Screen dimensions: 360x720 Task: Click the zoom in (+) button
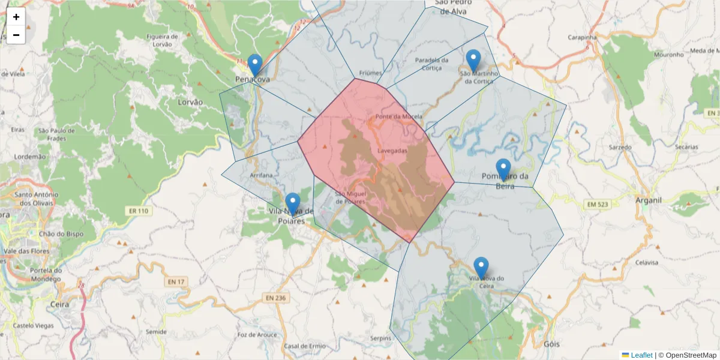(16, 17)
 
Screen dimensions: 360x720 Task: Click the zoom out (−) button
(16, 35)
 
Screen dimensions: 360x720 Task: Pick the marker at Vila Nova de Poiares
(292, 204)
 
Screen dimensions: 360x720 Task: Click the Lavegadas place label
(393, 151)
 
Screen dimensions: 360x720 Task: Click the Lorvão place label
(190, 102)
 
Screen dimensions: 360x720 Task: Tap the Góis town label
(550, 344)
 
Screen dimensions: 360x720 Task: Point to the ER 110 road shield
(138, 211)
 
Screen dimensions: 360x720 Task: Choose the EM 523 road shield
(598, 205)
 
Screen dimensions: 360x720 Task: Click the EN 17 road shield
(175, 281)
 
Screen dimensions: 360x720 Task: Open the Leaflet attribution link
(641, 355)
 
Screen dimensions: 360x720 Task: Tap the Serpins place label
(380, 338)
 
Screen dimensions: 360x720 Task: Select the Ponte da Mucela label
(398, 116)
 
